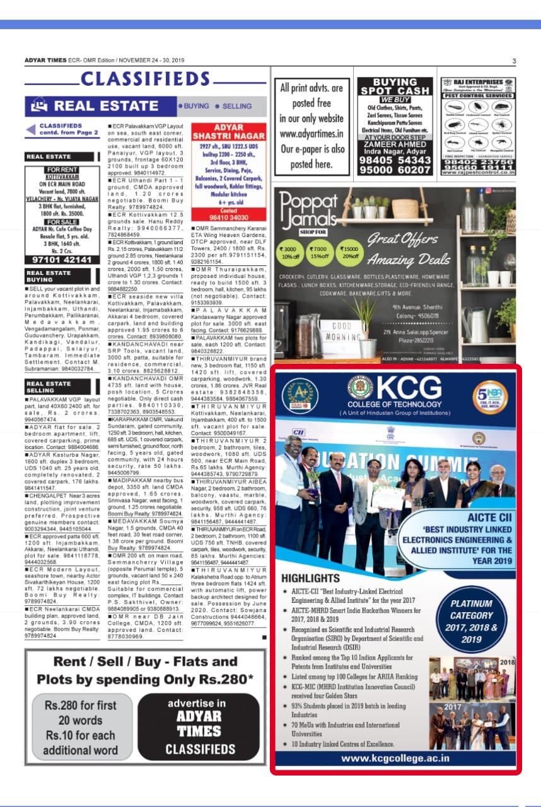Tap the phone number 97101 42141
(61, 260)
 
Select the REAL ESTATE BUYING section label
(49, 276)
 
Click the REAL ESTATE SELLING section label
(49, 387)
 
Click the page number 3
(514, 61)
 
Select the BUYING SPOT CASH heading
(395, 86)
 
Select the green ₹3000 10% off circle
(291, 251)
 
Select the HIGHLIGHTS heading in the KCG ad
(310, 578)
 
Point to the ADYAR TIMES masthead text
(45, 61)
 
